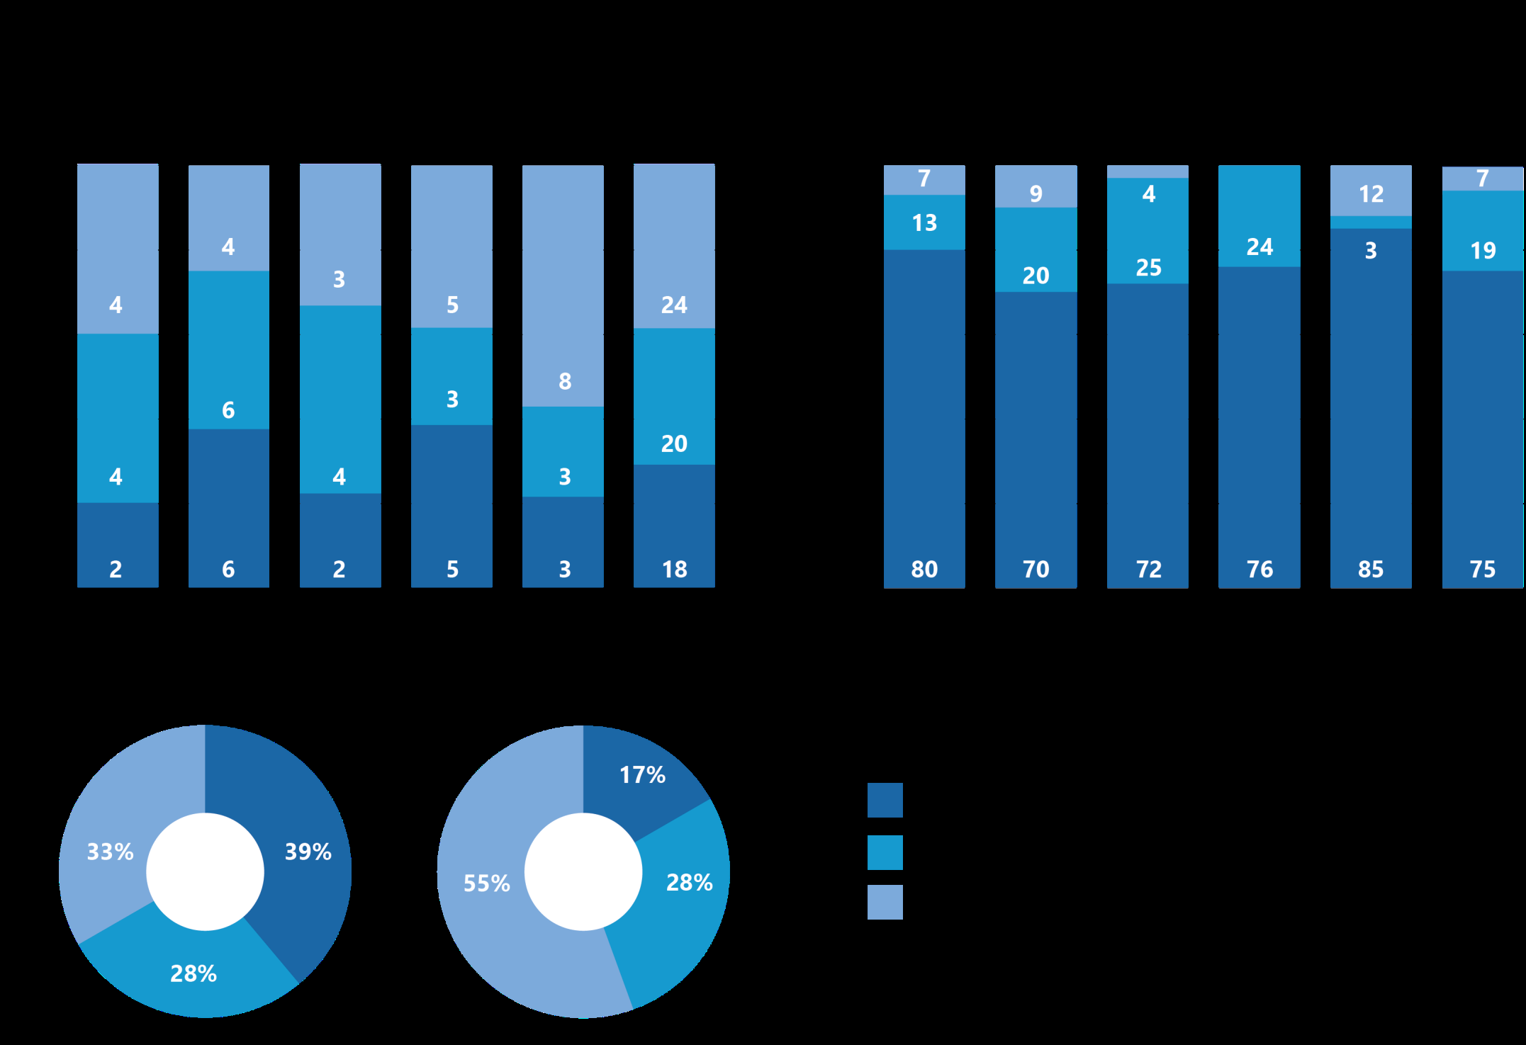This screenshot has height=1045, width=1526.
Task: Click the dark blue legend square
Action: pyautogui.click(x=885, y=800)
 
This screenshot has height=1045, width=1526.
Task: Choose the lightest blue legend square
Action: pyautogui.click(x=885, y=902)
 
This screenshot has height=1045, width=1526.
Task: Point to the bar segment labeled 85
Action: pyautogui.click(x=1370, y=425)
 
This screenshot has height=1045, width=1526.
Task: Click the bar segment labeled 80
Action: pyautogui.click(x=924, y=425)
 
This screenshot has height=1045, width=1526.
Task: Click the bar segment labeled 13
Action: pyautogui.click(x=924, y=222)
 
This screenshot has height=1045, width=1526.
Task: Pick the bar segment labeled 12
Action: pyautogui.click(x=1370, y=191)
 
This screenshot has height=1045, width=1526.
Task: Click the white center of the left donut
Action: pyautogui.click(x=205, y=871)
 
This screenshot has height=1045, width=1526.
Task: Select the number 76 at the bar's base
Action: pyautogui.click(x=1259, y=569)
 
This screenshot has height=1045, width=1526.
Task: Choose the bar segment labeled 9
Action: pyautogui.click(x=1036, y=187)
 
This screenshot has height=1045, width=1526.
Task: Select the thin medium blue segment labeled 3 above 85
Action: pyautogui.click(x=1370, y=222)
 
